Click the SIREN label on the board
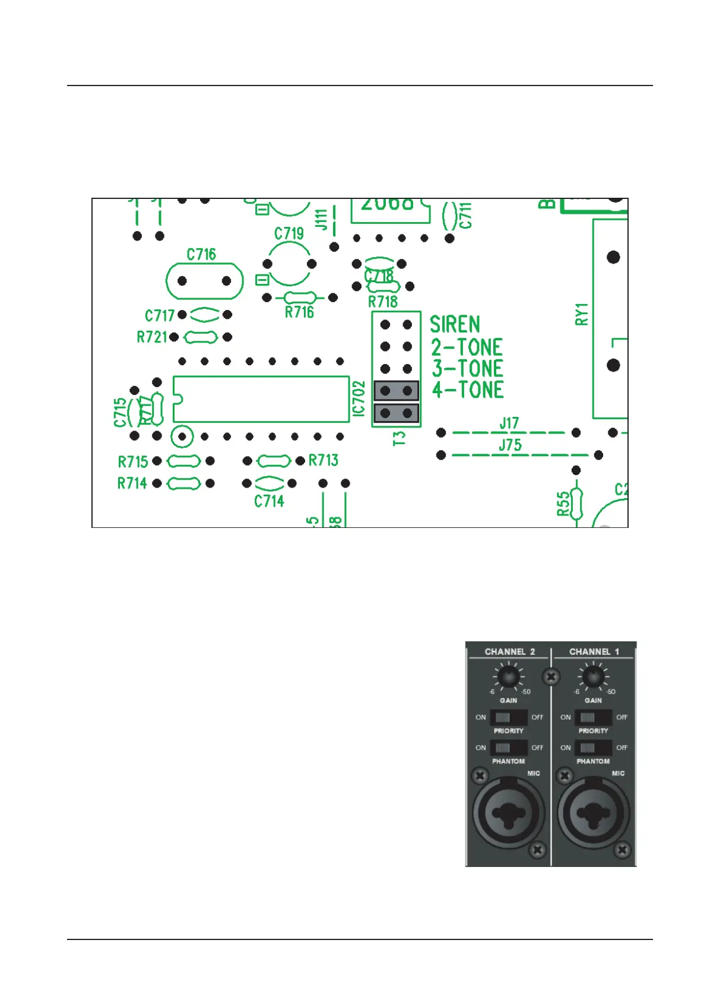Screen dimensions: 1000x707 (455, 324)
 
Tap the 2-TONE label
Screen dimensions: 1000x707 (467, 347)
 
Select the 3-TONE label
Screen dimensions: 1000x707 (467, 368)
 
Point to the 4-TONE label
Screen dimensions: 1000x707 (468, 390)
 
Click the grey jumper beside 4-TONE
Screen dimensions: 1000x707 (396, 391)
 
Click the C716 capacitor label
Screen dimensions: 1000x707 (201, 255)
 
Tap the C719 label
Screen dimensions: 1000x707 (289, 233)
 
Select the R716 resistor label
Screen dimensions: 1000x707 (299, 312)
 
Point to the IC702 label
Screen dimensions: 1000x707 (359, 398)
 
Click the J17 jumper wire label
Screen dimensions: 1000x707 (509, 423)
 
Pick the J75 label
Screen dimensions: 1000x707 (510, 445)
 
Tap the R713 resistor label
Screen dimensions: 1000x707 (324, 460)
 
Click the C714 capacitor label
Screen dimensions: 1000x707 (269, 501)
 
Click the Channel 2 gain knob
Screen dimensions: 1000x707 (508, 676)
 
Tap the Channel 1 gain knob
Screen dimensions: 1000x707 (593, 676)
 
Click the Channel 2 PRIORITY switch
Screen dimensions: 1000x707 (508, 717)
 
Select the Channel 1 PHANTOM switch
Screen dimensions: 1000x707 (593, 748)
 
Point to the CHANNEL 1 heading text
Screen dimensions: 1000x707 (594, 651)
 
